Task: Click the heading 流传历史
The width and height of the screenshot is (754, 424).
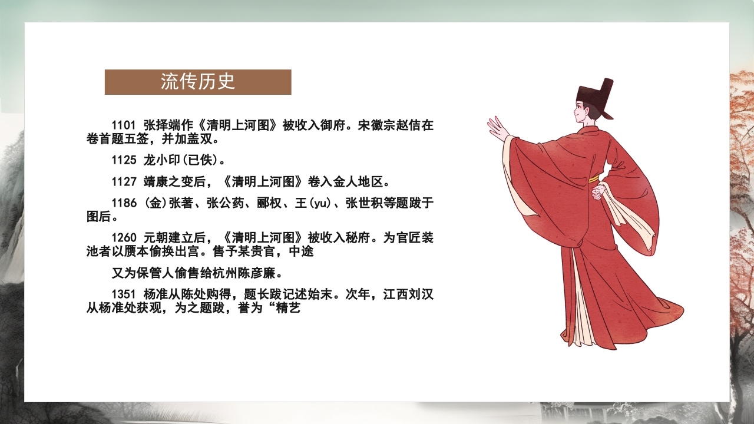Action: tap(198, 82)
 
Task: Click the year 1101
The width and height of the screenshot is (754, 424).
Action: tap(124, 125)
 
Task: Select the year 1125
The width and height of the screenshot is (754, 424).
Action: tap(124, 160)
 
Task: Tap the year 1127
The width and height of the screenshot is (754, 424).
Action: tap(124, 180)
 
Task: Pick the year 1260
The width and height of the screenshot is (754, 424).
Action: tap(124, 238)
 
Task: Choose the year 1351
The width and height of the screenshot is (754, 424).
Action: tap(124, 294)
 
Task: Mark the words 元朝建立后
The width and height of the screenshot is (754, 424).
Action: tap(174, 238)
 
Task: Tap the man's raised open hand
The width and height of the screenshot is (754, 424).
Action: tap(497, 128)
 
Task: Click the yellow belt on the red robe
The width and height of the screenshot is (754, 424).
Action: tap(593, 177)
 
